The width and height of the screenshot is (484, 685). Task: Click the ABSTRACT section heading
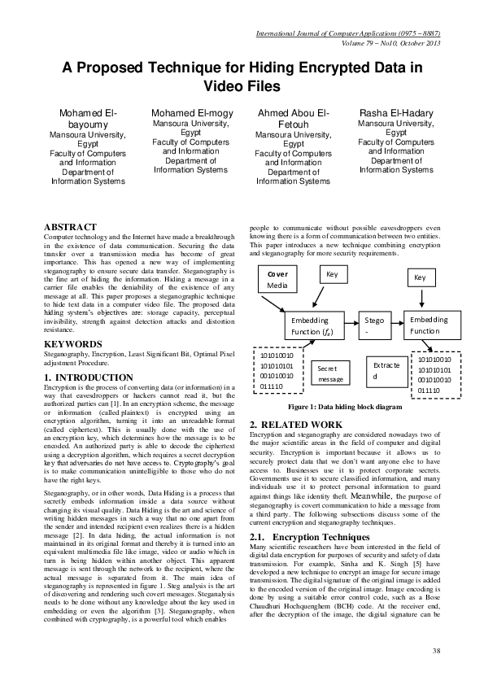point(70,227)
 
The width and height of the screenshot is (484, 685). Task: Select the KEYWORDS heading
point(73,344)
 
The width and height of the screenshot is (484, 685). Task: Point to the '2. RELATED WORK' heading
point(295,425)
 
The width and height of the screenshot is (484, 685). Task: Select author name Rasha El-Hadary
point(396,111)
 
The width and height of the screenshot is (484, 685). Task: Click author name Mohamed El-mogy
point(192,111)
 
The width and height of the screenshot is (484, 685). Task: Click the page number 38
point(436,649)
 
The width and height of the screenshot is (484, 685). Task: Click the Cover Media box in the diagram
point(277,280)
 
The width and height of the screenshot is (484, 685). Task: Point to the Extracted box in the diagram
point(385,371)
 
